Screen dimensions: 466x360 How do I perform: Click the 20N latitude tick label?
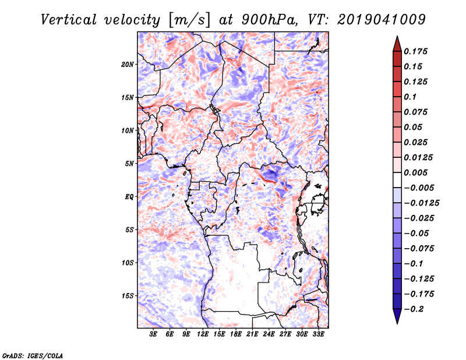[128, 65]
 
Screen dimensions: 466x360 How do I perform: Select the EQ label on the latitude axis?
[129, 197]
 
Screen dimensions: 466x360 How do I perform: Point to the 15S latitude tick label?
[128, 296]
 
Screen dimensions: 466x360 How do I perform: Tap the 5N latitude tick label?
[129, 164]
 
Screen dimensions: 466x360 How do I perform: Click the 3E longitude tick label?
[153, 334]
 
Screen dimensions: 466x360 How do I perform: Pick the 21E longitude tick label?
[252, 334]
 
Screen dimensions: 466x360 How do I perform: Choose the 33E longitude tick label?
[318, 334]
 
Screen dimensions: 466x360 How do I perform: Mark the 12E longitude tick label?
[202, 334]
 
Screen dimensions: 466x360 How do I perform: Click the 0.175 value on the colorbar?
[416, 51]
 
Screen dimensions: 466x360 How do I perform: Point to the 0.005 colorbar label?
[416, 172]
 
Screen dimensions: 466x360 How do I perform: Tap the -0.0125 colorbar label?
[421, 203]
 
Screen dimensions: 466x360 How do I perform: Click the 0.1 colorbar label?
[410, 97]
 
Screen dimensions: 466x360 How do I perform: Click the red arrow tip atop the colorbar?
[397, 37]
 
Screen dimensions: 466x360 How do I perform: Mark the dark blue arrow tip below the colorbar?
[397, 323]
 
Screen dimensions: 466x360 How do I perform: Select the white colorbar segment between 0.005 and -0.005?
[397, 180]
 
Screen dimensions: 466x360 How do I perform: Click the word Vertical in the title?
[69, 20]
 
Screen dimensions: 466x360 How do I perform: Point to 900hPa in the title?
[269, 20]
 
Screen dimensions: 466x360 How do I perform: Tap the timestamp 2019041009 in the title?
[382, 20]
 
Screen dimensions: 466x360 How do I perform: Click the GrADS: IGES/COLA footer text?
[33, 355]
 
